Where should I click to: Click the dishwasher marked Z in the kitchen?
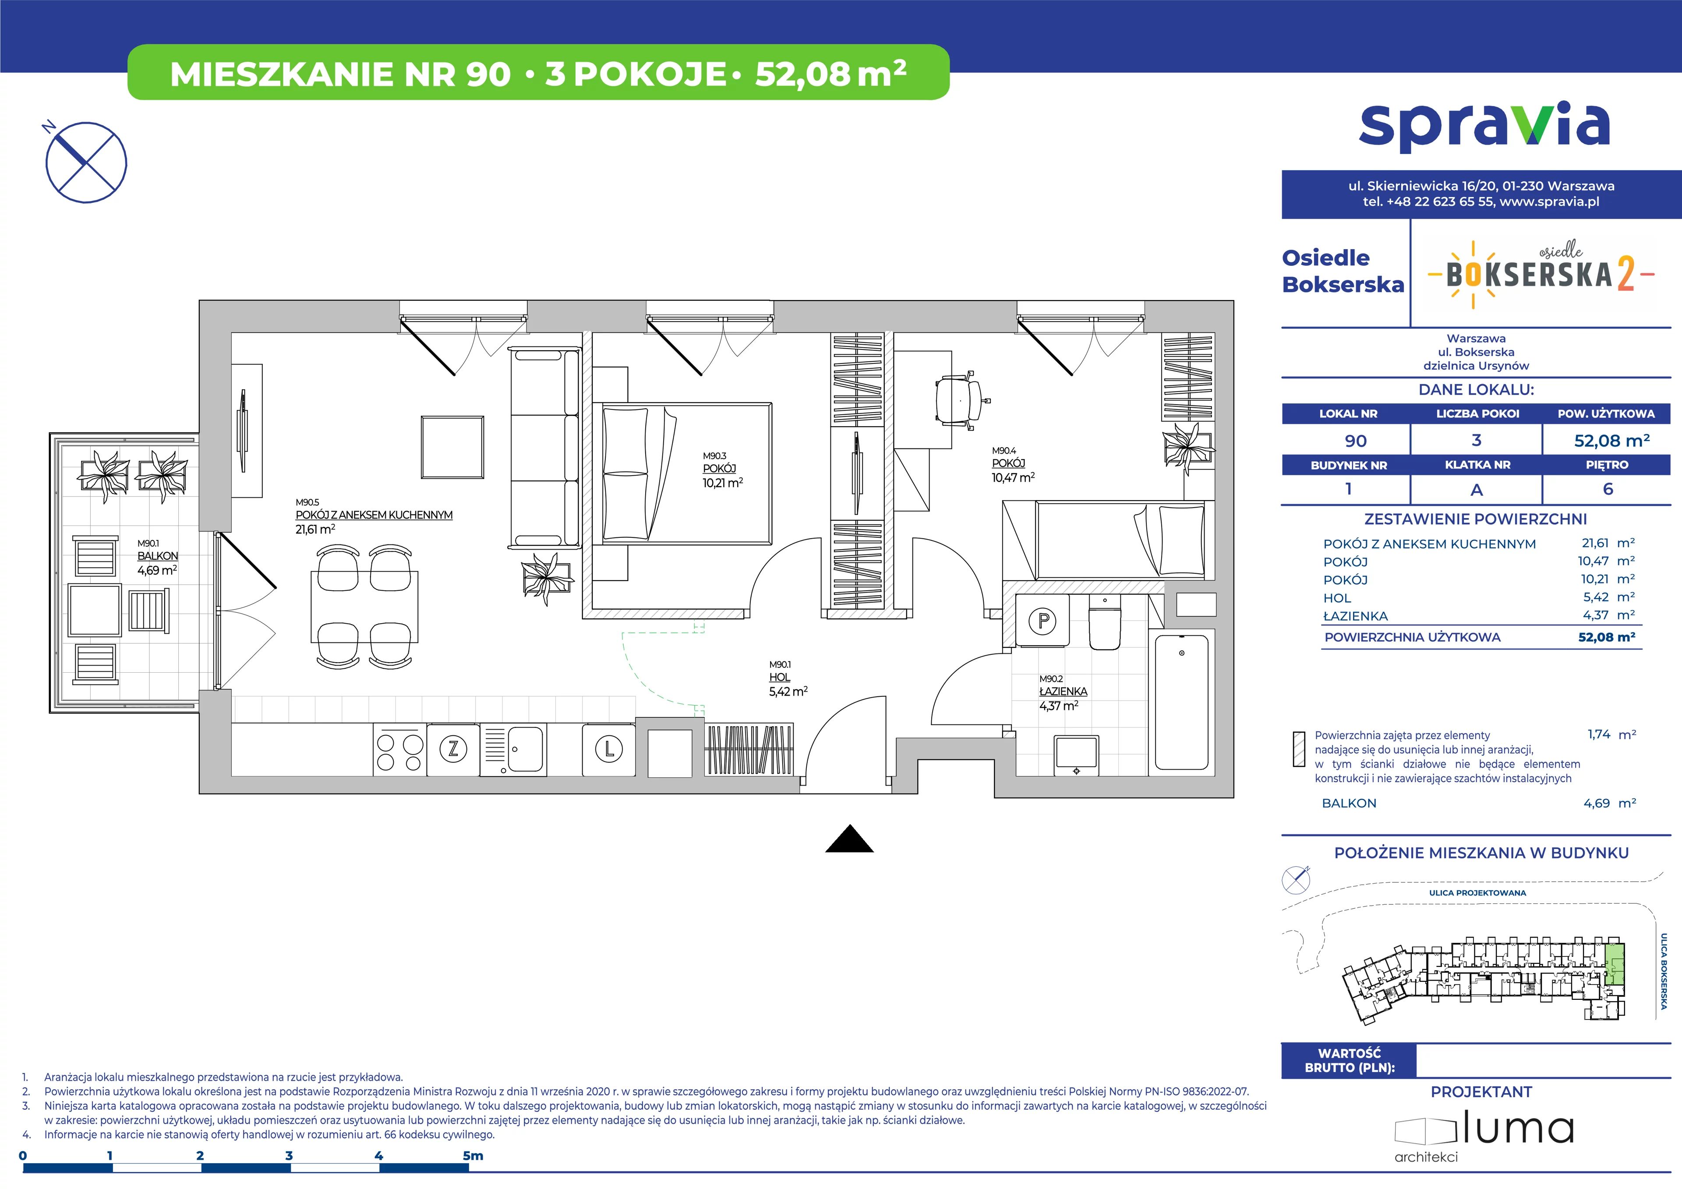[x=453, y=749]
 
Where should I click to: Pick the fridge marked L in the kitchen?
[x=609, y=749]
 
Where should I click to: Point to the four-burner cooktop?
[x=399, y=749]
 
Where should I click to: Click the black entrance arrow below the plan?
[x=849, y=838]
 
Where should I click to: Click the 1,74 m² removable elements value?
[x=1611, y=734]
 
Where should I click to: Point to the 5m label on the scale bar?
[x=473, y=1155]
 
